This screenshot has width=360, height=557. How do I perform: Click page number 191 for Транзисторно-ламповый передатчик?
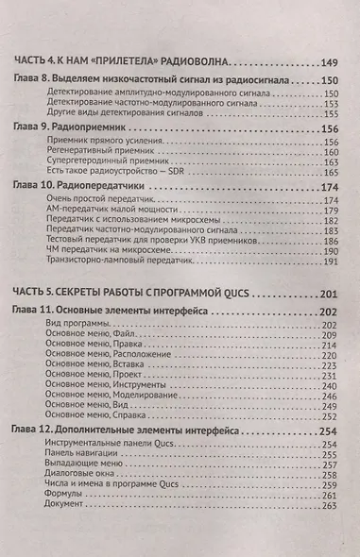pyautogui.click(x=330, y=261)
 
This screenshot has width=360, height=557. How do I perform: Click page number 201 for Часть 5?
pyautogui.click(x=327, y=293)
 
